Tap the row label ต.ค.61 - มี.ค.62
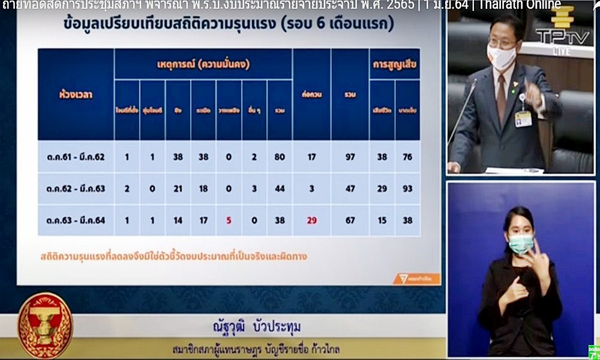(x=76, y=157)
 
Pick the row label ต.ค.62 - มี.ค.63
(x=76, y=189)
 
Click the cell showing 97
(x=350, y=157)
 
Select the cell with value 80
(x=279, y=157)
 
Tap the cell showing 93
(x=407, y=189)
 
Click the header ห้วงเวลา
(x=76, y=94)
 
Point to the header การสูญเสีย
(x=395, y=64)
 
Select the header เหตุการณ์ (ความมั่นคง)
(x=203, y=64)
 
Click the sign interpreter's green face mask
(x=520, y=243)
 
